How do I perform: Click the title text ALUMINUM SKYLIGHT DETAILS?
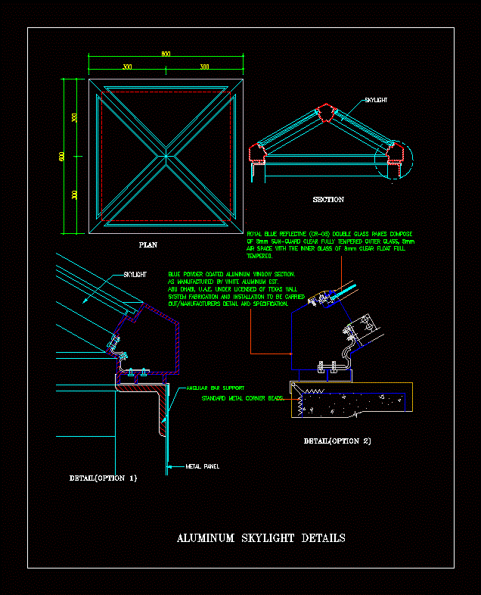[x=261, y=538]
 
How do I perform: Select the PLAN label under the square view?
[x=148, y=245]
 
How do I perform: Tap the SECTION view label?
[x=328, y=200]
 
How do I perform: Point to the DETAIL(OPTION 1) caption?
[x=104, y=478]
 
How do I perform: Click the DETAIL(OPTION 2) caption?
[x=337, y=441]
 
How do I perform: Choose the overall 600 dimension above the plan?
[x=166, y=54]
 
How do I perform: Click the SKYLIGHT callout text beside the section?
[x=376, y=100]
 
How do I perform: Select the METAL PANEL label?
[x=202, y=466]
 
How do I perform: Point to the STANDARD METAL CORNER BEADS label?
[x=243, y=398]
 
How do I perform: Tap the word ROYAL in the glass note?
[x=257, y=235]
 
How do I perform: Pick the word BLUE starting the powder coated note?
[x=175, y=273]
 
